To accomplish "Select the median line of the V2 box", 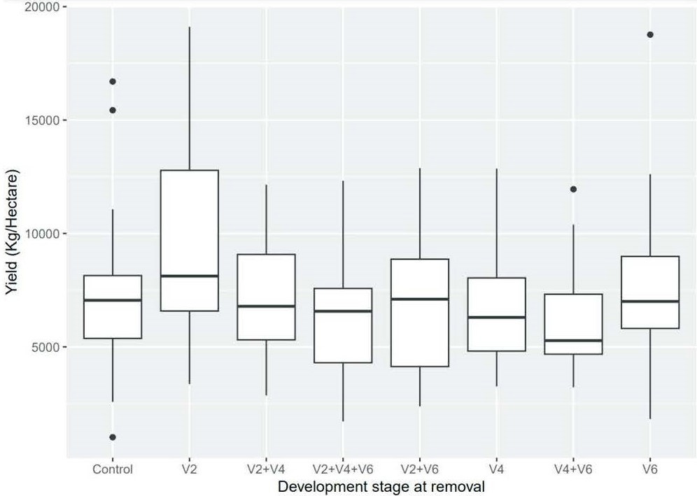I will tap(189, 276).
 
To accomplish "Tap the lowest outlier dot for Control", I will tap(113, 437).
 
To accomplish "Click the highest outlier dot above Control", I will tap(113, 82).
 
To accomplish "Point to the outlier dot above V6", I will tap(650, 34).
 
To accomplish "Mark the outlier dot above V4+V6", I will tap(573, 189).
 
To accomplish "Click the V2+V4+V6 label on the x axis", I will tap(343, 469).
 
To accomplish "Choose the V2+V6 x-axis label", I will tap(420, 469).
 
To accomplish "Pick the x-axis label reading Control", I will tap(113, 469).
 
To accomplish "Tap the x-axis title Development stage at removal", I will tap(381, 486).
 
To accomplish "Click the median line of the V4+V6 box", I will tap(573, 341).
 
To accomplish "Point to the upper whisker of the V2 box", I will tap(189, 98).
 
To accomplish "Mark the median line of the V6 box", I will tap(650, 301).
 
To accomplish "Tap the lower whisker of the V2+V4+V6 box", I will tap(343, 392).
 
